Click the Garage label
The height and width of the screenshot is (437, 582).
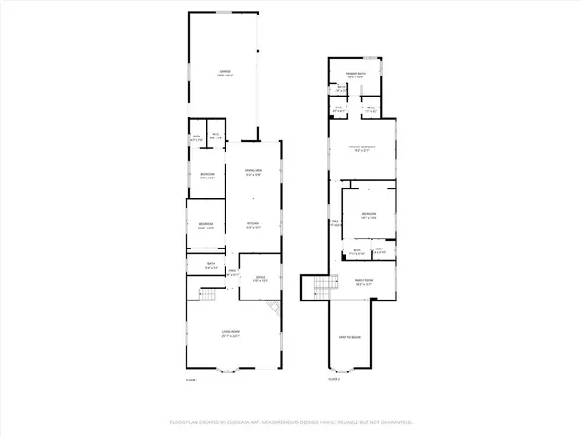[224, 73]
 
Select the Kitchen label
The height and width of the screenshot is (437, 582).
[253, 225]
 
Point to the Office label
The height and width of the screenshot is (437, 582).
[260, 279]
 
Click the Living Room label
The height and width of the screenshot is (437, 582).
[229, 334]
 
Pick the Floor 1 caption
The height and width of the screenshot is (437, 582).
[191, 380]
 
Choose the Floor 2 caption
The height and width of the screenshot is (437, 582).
[334, 380]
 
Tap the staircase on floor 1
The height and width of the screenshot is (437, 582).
[206, 294]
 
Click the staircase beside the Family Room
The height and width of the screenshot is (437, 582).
[326, 288]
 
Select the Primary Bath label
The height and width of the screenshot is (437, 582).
[355, 75]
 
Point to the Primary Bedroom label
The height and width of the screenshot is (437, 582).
[362, 148]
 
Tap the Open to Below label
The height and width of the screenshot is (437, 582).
[350, 338]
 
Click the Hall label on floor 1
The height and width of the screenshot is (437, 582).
[232, 272]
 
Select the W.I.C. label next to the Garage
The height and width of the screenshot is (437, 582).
[216, 137]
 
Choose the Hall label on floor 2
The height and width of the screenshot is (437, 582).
[335, 223]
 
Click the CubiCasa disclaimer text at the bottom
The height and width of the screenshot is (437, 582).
[291, 422]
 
